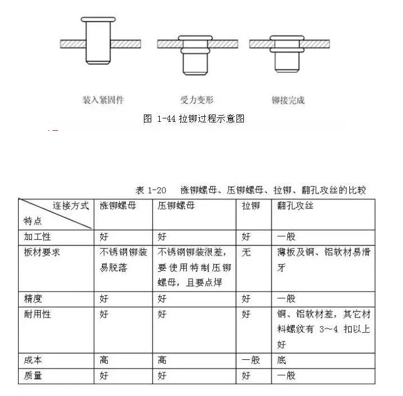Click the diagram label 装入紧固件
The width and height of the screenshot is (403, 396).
103,100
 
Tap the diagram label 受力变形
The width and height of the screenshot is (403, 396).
196,100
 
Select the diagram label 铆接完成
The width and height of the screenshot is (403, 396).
288,100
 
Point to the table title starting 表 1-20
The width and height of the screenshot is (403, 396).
251,190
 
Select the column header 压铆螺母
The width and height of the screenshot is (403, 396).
177,206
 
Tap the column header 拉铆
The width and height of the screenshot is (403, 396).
251,206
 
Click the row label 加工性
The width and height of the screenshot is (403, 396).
37,237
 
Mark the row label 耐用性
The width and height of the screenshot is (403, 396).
37,314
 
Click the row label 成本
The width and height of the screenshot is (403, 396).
32,360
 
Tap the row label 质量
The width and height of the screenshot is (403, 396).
32,375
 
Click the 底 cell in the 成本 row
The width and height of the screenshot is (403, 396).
282,360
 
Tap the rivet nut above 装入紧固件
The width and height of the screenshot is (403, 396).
98,41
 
